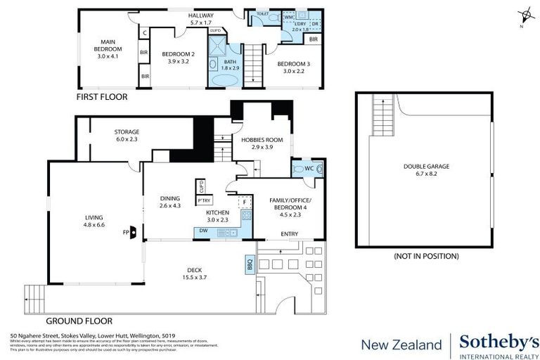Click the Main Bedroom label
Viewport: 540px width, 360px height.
pyautogui.click(x=109, y=49)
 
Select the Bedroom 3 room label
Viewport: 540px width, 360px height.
pyautogui.click(x=293, y=67)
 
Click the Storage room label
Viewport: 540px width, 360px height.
pyautogui.click(x=127, y=135)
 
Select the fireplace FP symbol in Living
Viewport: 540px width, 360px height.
pyautogui.click(x=128, y=231)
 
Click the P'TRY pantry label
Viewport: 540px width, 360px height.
pyautogui.click(x=204, y=201)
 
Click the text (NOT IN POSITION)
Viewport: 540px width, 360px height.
pyautogui.click(x=426, y=256)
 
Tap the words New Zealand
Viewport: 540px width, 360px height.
pyautogui.click(x=401, y=345)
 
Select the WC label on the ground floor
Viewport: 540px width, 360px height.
pyautogui.click(x=307, y=169)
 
